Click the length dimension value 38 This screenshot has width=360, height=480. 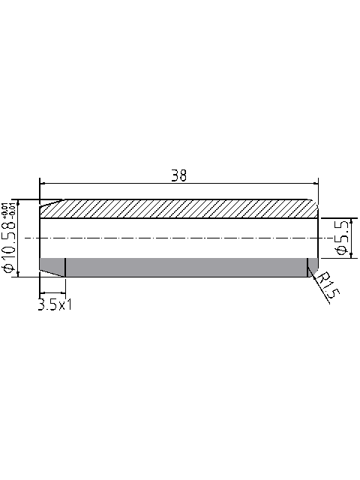pyautogui.click(x=178, y=175)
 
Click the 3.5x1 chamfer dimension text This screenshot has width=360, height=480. pyautogui.click(x=55, y=304)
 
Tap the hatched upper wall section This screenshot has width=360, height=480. pyautogui.click(x=180, y=208)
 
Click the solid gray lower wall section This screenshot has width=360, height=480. pyautogui.click(x=180, y=267)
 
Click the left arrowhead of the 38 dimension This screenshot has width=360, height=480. pyautogui.click(x=43, y=182)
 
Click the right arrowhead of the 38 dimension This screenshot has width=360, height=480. pyautogui.click(x=315, y=182)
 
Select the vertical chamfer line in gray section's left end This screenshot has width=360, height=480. pyautogui.click(x=66, y=267)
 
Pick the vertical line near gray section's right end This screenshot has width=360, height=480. pyautogui.click(x=307, y=267)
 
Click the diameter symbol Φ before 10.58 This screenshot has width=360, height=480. pyautogui.click(x=10, y=267)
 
